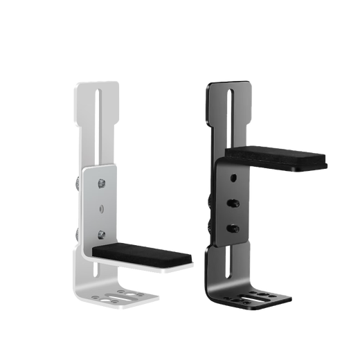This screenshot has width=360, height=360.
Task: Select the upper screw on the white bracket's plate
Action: (x=101, y=183)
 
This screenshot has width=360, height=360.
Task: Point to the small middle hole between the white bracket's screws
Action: (x=101, y=208)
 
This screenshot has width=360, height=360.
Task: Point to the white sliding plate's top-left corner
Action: (x=84, y=168)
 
